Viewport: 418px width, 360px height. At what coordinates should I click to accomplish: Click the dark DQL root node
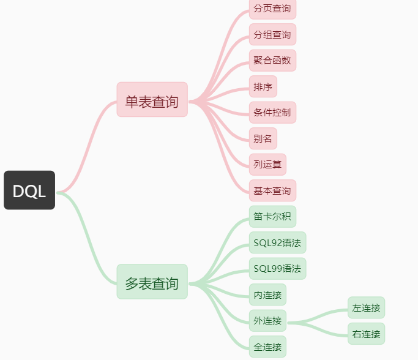[29, 190]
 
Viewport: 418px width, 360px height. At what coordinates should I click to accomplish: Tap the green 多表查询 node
[152, 282]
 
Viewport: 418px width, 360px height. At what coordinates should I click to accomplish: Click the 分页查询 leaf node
[272, 9]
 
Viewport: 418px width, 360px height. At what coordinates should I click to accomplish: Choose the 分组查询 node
[272, 34]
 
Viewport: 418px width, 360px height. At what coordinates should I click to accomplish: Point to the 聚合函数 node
[272, 61]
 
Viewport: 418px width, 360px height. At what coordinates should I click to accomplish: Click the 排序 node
[263, 86]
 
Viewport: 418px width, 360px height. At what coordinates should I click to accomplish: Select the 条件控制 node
[272, 113]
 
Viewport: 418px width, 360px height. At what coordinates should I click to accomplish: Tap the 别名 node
[263, 138]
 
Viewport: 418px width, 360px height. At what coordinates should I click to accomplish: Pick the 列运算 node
[267, 164]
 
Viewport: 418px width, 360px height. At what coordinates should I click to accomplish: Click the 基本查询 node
[272, 190]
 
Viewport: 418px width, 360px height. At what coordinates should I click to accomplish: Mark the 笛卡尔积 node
[272, 216]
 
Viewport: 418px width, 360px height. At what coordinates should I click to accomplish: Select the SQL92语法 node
[277, 242]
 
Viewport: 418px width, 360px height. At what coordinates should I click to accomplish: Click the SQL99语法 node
[277, 268]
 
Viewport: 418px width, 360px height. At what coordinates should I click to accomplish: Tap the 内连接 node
[267, 294]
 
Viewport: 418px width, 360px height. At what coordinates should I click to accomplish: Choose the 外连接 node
[267, 320]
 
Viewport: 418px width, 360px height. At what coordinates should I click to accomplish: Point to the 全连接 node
[267, 347]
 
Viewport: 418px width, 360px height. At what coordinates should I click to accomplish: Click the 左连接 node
[366, 307]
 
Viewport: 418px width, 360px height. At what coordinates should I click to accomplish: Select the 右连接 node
[366, 334]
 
